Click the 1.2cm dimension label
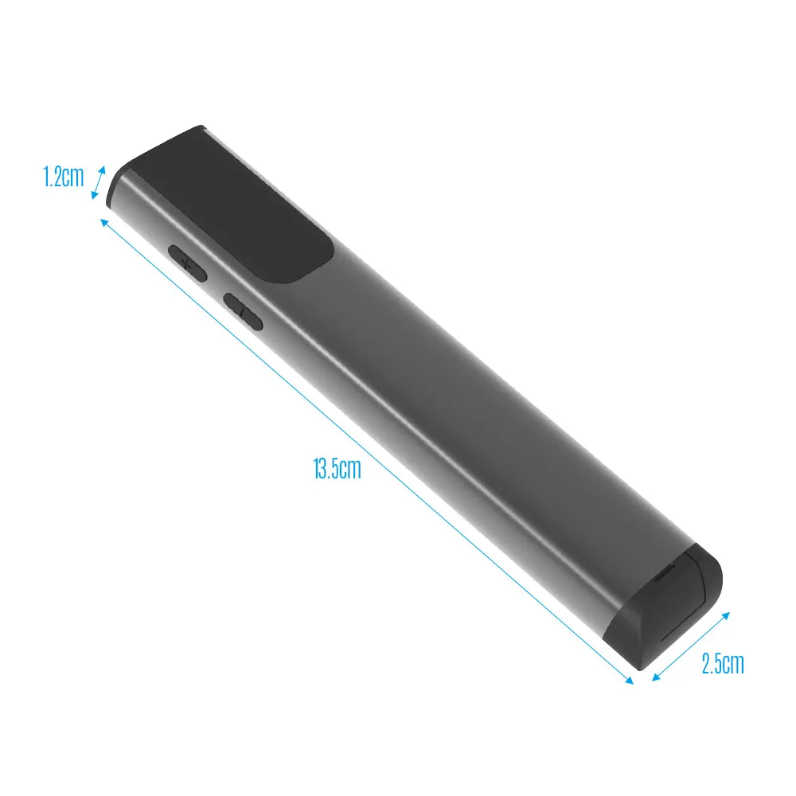pos(64,177)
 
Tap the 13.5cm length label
pos(337,469)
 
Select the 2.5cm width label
pos(723,663)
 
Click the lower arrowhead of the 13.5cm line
pos(630,681)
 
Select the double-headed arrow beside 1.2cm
pos(99,182)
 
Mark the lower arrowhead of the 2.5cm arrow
pos(656,678)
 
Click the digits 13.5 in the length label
pos(326,469)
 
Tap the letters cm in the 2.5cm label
pos(734,663)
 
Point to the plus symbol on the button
pos(187,262)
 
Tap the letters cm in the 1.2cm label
pos(74,177)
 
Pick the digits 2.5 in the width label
pos(712,663)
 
